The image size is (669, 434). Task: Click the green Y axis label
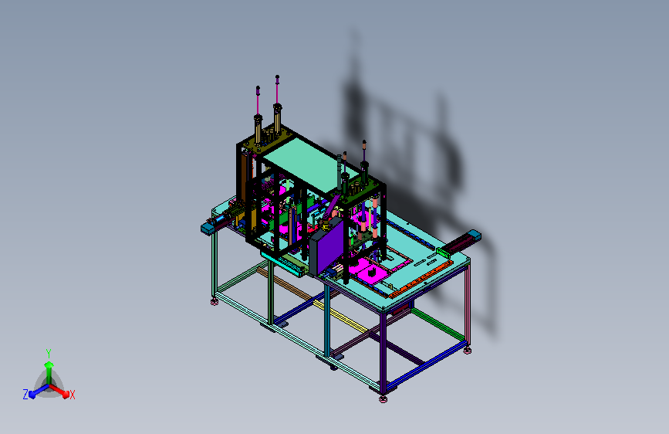pyautogui.click(x=49, y=354)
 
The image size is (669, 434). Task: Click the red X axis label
pyautogui.click(x=72, y=395)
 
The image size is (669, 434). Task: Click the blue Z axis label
pyautogui.click(x=25, y=395)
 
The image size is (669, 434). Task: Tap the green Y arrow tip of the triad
pyautogui.click(x=49, y=364)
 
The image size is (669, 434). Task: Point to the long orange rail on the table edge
pyautogui.click(x=421, y=280)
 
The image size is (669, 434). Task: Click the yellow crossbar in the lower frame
pyautogui.click(x=340, y=316)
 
